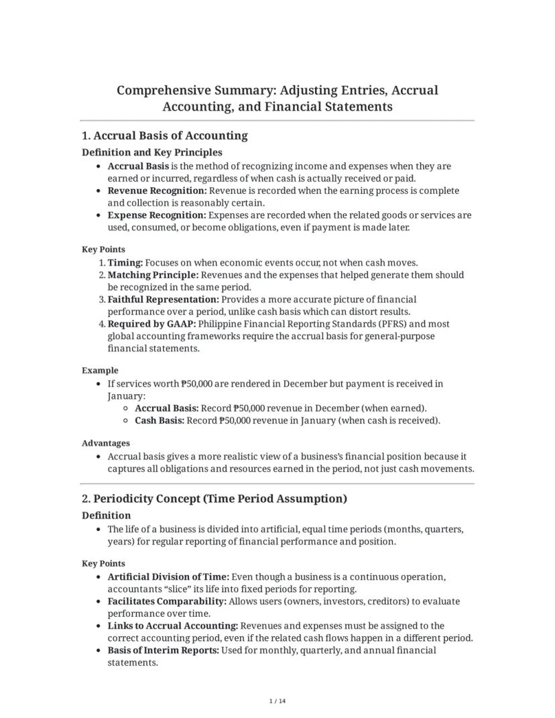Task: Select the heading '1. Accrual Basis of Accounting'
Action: click(x=164, y=135)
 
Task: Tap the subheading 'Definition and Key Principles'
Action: click(x=151, y=152)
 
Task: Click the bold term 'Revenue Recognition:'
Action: click(x=157, y=190)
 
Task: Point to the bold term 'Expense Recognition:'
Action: click(x=157, y=215)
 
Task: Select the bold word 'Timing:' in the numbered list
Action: click(x=125, y=263)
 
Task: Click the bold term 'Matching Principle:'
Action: click(x=153, y=275)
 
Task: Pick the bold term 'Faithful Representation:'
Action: click(x=163, y=300)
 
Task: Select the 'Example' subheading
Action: click(x=100, y=370)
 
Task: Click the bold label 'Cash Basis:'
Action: click(x=160, y=420)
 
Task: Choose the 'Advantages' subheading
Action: click(x=106, y=443)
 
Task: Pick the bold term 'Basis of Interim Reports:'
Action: click(x=163, y=650)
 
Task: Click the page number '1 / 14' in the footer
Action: click(x=277, y=701)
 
